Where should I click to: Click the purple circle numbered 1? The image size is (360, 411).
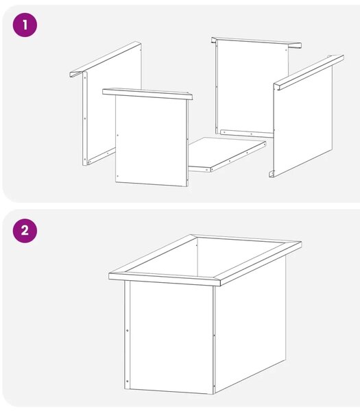click(x=25, y=25)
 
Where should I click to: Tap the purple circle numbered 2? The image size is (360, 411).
click(x=25, y=231)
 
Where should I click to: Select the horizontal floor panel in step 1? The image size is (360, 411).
click(x=227, y=154)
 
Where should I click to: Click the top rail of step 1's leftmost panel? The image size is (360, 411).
click(x=106, y=59)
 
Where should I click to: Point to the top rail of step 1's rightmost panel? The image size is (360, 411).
click(x=309, y=72)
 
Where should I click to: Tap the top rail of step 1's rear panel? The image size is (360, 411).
click(x=256, y=42)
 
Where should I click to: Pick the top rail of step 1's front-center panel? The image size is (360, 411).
click(x=147, y=94)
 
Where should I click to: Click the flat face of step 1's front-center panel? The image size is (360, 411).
click(x=152, y=141)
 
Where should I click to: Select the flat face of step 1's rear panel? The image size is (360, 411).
click(x=252, y=86)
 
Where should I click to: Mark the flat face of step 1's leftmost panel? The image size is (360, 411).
click(x=113, y=102)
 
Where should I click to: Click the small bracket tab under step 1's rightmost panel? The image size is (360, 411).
click(x=272, y=174)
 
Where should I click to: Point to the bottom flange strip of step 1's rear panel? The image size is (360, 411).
click(x=247, y=134)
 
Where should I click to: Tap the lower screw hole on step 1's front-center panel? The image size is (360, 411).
click(x=117, y=176)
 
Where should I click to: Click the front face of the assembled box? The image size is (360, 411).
click(x=171, y=337)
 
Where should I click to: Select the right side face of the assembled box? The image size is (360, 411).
click(x=250, y=325)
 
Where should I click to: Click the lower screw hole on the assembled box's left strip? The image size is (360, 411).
click(x=128, y=381)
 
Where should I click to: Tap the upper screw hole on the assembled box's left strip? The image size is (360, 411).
click(x=128, y=331)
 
